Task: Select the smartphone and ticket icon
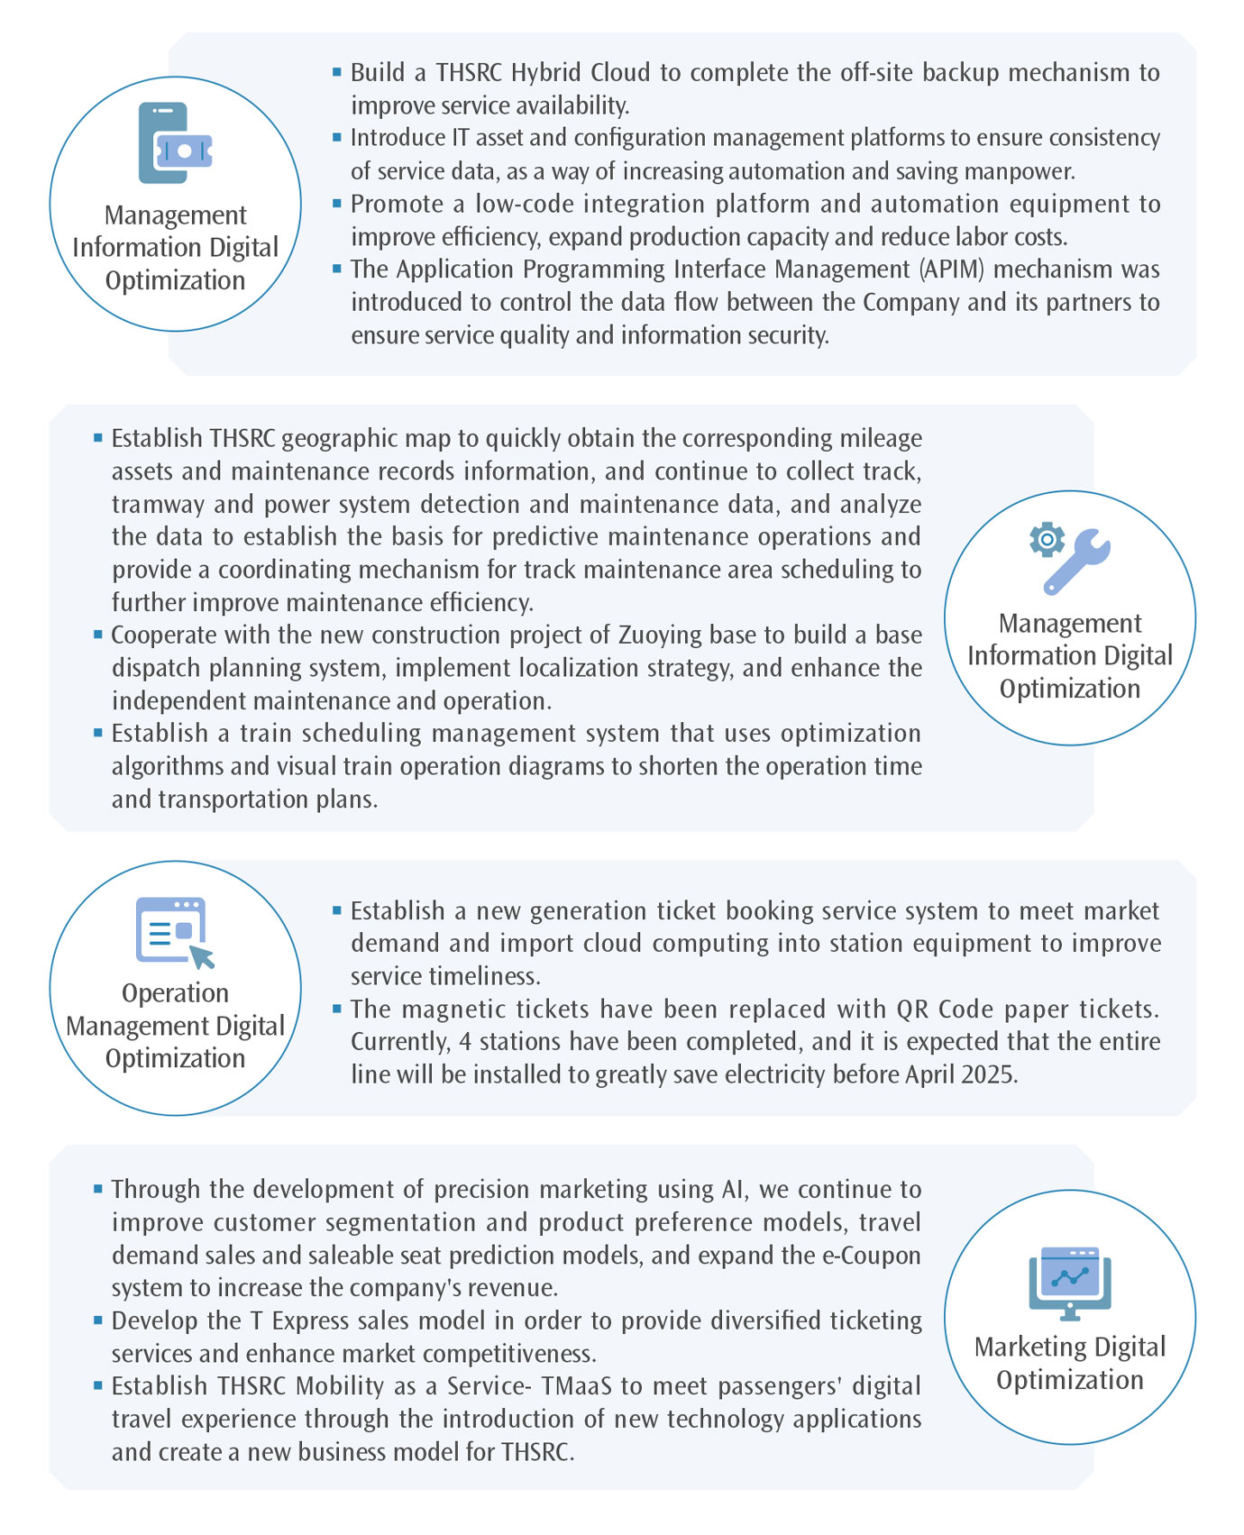coord(175,143)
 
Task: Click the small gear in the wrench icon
coord(1047,539)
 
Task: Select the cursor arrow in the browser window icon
coord(202,956)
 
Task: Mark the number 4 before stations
coord(465,1042)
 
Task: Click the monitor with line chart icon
coord(1070,1283)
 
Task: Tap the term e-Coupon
coord(868,1255)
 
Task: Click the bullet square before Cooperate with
coord(98,635)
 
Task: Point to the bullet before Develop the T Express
coord(98,1320)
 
